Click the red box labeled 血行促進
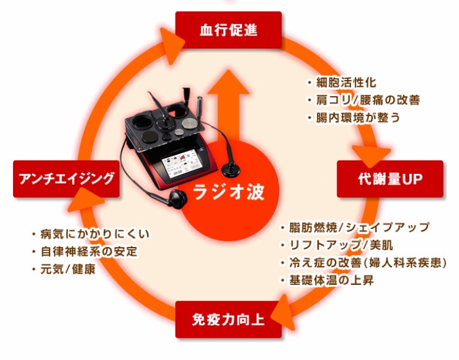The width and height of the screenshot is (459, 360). pos(228,30)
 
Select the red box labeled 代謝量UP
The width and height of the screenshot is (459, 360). pos(390,179)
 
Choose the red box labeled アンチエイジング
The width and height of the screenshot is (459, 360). pos(66,179)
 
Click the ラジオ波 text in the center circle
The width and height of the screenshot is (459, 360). pos(229,192)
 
